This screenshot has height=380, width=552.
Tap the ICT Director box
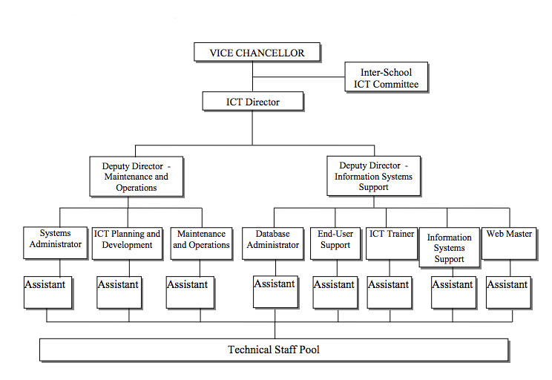pyautogui.click(x=253, y=102)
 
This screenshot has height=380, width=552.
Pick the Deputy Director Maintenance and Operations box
pyautogui.click(x=136, y=177)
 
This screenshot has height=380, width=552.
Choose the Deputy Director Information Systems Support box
pyautogui.click(x=373, y=177)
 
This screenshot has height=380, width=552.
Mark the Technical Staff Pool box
pyautogui.click(x=273, y=350)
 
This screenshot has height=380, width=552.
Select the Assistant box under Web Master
pyautogui.click(x=507, y=291)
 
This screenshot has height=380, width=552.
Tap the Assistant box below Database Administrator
pyautogui.click(x=275, y=291)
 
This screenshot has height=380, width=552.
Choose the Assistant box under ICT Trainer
pyautogui.click(x=389, y=291)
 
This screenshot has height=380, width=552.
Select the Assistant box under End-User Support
pyautogui.click(x=334, y=291)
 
